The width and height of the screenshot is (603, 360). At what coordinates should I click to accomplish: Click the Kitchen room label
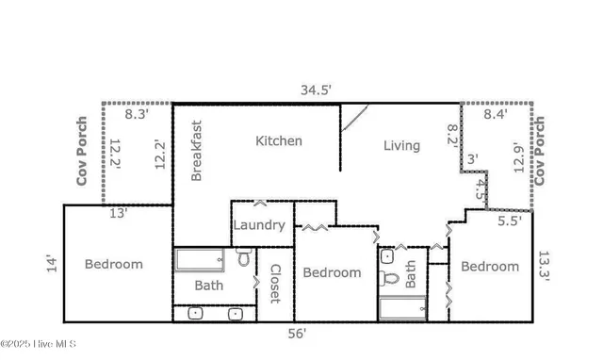coord(279,141)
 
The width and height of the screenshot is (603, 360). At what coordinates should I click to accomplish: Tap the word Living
coord(401,145)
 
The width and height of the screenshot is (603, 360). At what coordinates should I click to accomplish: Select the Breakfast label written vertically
coord(197,150)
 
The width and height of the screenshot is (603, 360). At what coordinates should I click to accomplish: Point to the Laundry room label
coord(259,225)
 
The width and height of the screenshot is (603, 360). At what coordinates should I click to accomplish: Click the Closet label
coord(275,283)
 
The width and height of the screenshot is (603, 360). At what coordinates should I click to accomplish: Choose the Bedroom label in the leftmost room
coord(113,264)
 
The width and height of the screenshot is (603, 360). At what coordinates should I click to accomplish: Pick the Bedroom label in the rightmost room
coord(490,266)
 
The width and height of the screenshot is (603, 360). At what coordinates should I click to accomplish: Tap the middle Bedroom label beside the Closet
coord(331,272)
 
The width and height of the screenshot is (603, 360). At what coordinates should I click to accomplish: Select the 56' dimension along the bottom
coord(298,333)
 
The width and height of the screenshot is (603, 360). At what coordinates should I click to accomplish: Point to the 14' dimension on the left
coord(52,264)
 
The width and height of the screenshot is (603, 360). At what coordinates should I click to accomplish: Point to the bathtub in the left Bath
coord(199,259)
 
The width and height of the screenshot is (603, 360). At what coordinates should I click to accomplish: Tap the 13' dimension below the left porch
coord(117,213)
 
